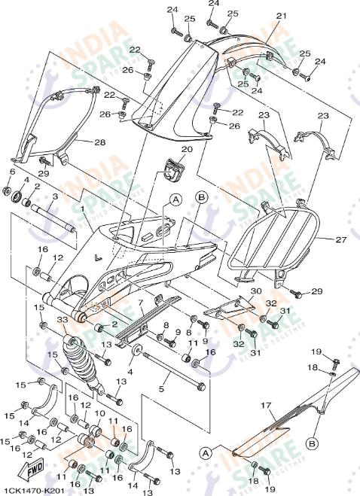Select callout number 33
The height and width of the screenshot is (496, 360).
[62, 321]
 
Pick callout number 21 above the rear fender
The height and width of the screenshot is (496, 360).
[282, 15]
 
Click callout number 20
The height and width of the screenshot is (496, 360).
[187, 149]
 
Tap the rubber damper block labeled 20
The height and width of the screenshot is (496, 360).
[175, 170]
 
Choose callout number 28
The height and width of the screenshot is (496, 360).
[100, 141]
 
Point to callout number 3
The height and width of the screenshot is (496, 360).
[54, 196]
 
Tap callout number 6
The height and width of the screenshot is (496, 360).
[11, 172]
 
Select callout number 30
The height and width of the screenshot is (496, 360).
[256, 291]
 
